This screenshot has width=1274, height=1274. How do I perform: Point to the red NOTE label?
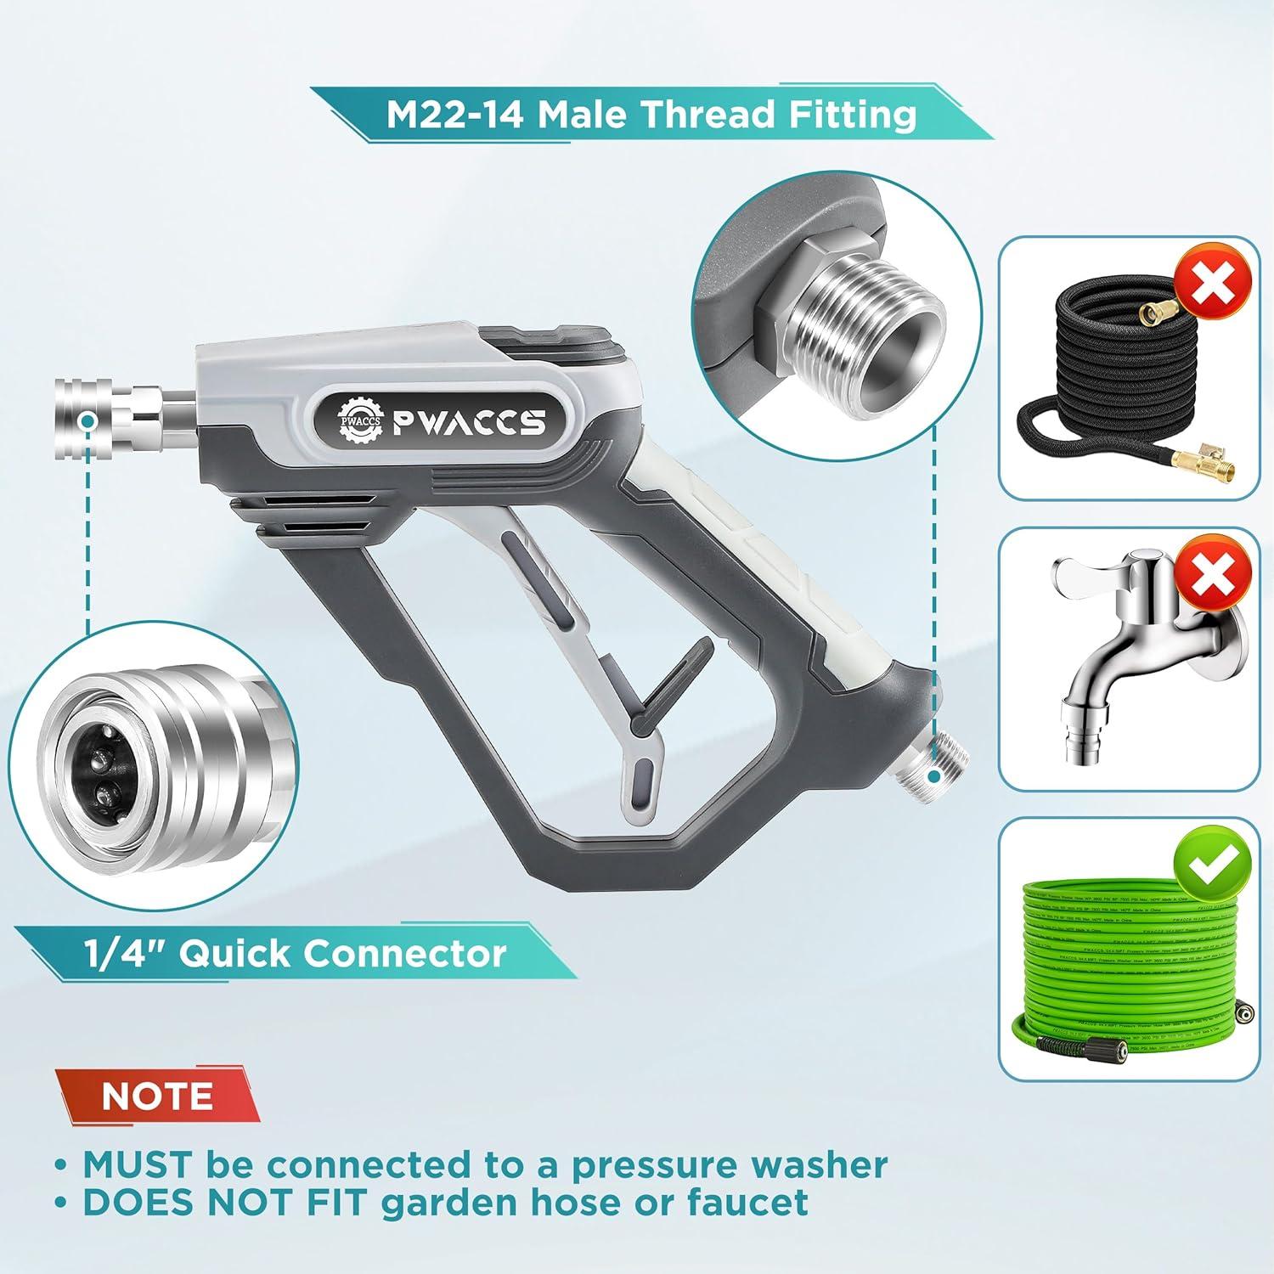(x=157, y=1096)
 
